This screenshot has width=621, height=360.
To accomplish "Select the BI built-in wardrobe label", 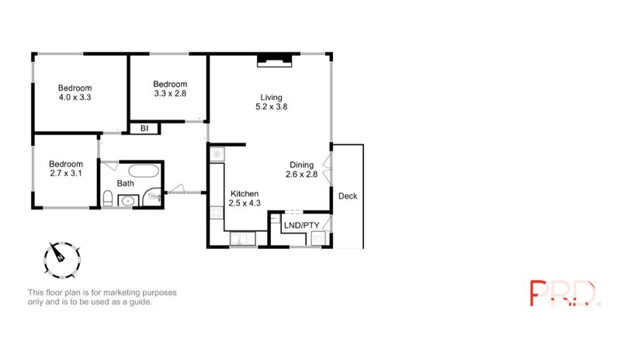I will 144,129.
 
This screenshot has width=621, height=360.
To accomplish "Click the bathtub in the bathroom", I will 141,171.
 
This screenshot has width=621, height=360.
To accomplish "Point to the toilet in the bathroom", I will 107,199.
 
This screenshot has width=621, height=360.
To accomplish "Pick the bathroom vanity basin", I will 127,201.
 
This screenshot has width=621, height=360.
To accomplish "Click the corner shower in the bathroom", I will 154,196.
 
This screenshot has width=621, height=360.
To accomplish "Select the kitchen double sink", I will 242,237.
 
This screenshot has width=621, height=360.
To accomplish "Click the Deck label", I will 348,196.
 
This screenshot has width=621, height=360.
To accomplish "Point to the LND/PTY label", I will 302,225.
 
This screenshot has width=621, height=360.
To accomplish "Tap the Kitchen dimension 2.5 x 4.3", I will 244,203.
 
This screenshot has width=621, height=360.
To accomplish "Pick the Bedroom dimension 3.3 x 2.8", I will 169,93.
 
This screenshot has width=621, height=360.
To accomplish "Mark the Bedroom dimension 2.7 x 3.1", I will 65,174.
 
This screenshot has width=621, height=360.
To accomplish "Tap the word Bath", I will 125,184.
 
